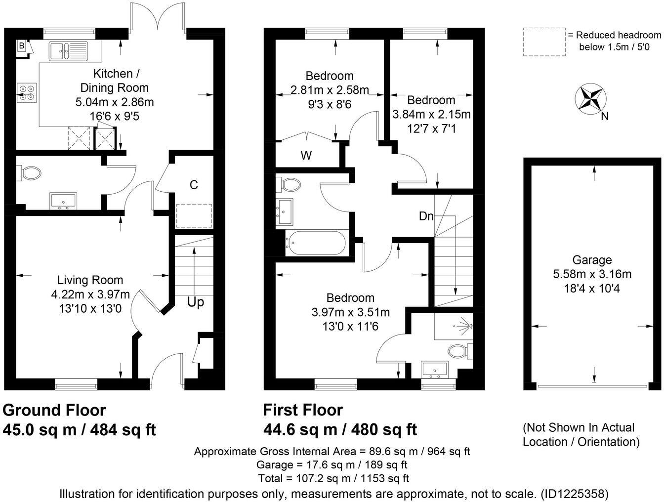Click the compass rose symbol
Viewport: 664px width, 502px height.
point(590,98)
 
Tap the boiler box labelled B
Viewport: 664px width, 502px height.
point(21,46)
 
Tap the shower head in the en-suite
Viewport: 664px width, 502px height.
point(464,326)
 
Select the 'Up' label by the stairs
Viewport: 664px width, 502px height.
point(196,302)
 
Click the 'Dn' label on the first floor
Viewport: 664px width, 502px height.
point(426,216)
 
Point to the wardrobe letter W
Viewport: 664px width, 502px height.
point(306,156)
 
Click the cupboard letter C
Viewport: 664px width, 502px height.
point(194,185)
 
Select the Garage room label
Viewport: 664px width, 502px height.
point(592,260)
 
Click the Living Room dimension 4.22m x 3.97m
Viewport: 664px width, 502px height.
point(90,295)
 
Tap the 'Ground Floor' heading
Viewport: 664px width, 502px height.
point(54,410)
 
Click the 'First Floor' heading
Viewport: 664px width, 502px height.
point(303,410)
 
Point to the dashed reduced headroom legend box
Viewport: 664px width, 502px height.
point(544,42)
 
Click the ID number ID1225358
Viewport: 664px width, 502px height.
point(575,493)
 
